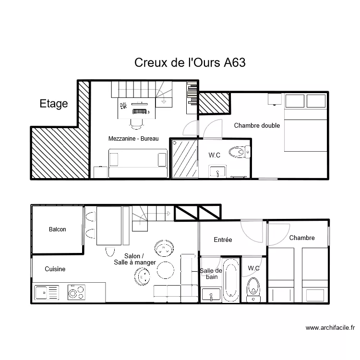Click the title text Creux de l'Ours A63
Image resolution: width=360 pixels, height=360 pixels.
[x=190, y=63]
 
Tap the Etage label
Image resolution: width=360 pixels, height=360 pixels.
[x=53, y=104]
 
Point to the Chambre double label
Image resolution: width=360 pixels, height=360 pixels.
[x=257, y=126]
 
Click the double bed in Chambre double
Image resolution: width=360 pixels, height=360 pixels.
[x=306, y=123]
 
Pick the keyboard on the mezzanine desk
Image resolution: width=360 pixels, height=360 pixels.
[x=139, y=111]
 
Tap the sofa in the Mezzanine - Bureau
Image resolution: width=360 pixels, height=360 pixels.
[x=138, y=163]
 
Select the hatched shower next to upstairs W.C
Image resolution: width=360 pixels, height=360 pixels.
[x=185, y=159]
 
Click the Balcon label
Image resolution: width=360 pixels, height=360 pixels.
[x=58, y=229]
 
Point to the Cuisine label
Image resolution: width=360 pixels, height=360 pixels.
[x=55, y=269]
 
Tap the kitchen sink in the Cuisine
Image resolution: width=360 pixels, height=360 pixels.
[x=46, y=292]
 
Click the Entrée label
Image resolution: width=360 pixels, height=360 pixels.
[x=223, y=240]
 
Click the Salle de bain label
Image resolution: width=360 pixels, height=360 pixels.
[x=211, y=274]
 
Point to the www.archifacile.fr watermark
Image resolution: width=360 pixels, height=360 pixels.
[x=330, y=328]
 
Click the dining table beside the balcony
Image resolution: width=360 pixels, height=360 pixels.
[x=109, y=226]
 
